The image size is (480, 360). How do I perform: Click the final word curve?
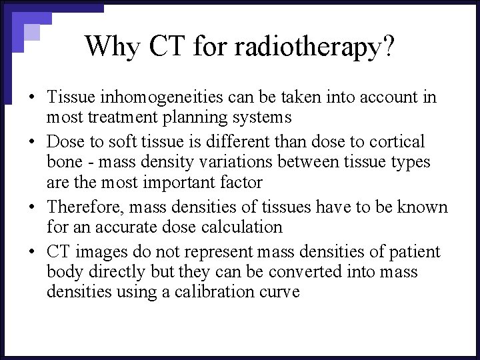click(280, 292)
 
